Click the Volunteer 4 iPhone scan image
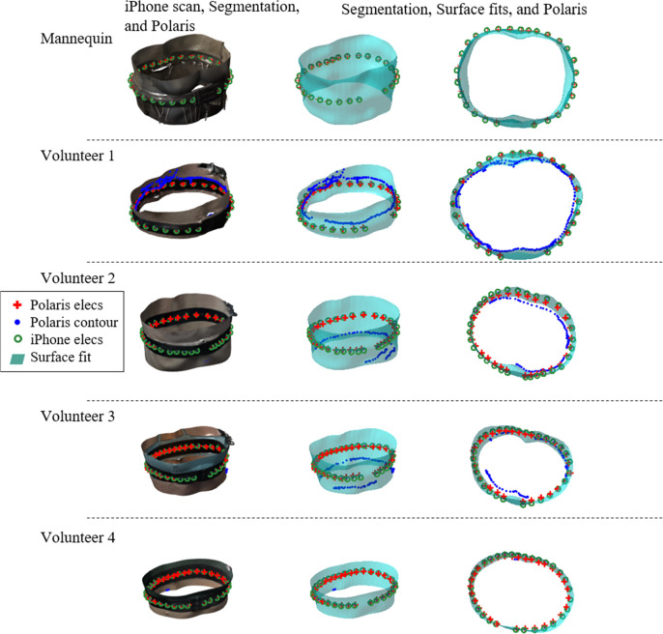click(184, 584)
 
